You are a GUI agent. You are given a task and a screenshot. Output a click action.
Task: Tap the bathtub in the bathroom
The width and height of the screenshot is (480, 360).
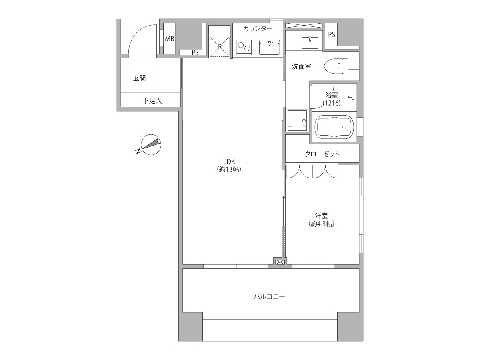click(334, 127)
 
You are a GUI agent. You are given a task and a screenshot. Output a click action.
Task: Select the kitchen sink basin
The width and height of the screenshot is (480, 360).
click(270, 47)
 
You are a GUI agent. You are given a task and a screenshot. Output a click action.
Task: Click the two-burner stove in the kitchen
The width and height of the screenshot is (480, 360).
click(244, 48)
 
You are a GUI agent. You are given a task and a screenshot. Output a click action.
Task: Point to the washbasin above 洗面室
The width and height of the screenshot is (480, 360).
click(310, 43)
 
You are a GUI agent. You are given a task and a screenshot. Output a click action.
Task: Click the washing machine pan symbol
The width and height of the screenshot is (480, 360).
click(297, 120)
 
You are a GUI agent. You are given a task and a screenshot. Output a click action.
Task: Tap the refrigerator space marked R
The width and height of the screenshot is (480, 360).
click(220, 47)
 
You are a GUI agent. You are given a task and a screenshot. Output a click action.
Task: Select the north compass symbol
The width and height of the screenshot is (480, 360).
click(149, 144)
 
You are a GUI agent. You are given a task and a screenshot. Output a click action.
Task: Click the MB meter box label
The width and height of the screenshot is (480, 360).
click(170, 39)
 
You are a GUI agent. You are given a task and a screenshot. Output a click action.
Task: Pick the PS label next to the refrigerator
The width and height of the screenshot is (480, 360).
click(195, 53)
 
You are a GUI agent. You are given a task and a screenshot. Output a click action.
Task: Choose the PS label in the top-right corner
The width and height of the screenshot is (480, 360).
click(332, 35)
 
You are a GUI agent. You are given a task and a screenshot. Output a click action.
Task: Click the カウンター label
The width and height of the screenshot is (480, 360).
click(258, 29)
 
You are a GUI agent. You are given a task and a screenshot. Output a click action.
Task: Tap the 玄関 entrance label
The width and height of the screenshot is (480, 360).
click(139, 78)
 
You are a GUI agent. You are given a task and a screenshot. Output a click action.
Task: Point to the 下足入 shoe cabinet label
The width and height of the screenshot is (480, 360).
click(152, 101)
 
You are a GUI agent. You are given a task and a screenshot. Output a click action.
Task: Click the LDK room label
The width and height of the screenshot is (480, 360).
click(229, 162)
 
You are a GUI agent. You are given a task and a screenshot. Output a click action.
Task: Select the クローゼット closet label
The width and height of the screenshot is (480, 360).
click(322, 154)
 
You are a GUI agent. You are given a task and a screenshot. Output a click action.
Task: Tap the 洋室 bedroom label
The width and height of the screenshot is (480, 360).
click(321, 216)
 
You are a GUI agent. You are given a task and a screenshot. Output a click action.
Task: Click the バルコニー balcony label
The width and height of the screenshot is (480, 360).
click(270, 297)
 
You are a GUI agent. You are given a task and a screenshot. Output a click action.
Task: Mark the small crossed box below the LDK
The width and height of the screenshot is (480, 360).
click(280, 262)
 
